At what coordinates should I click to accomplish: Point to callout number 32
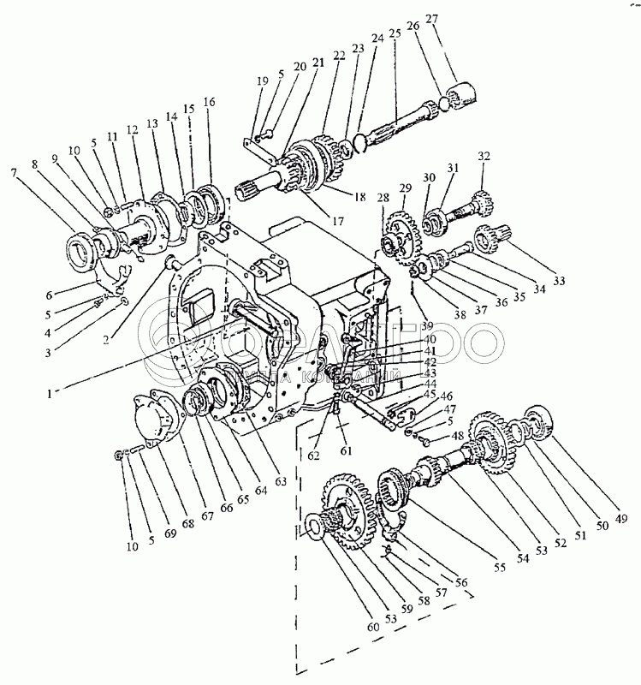(x=484, y=157)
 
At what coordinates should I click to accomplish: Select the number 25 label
(x=395, y=35)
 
